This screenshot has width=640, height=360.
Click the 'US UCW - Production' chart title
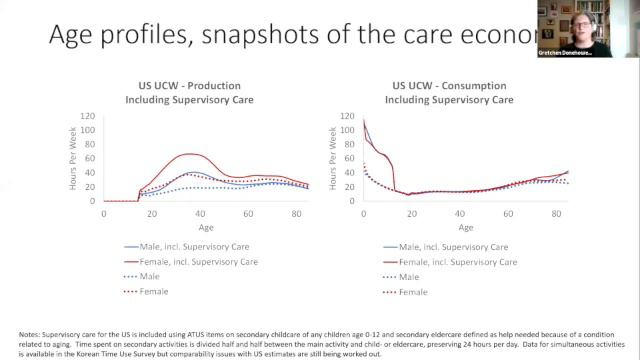pyautogui.click(x=180, y=86)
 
